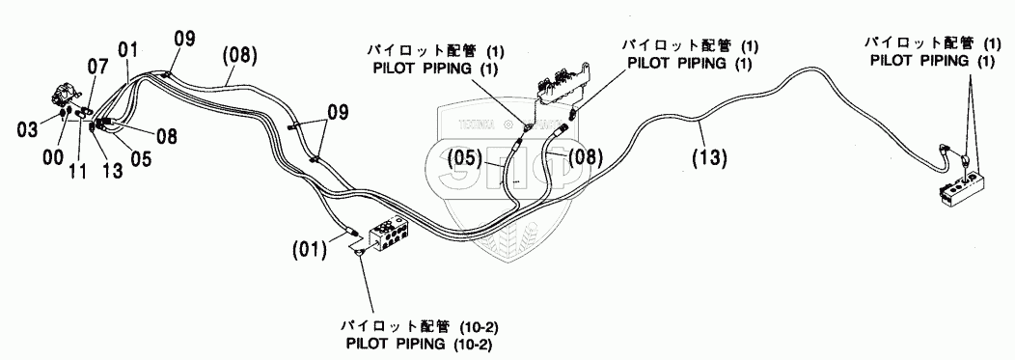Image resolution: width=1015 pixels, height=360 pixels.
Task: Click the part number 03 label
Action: (29, 129)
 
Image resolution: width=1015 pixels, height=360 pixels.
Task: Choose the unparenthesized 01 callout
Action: (127, 49)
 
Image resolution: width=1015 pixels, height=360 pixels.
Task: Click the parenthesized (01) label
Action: (309, 249)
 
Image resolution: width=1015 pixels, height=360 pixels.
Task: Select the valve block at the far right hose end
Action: (964, 191)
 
